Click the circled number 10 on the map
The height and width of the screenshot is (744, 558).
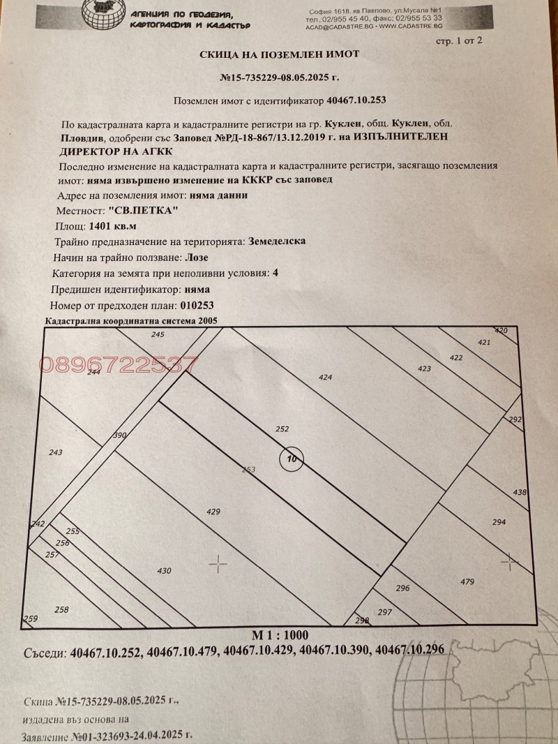click(292, 459)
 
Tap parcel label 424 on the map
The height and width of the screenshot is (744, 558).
click(324, 378)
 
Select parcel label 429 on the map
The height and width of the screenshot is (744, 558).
click(213, 512)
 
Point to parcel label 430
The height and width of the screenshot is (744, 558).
click(164, 571)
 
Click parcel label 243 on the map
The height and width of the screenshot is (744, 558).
click(56, 452)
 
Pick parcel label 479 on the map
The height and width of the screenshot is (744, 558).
click(467, 581)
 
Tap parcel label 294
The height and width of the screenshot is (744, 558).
click(499, 522)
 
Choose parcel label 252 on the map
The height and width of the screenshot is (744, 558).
click(282, 429)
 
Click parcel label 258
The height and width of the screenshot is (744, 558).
click(61, 609)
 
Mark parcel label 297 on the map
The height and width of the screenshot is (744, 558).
click(384, 612)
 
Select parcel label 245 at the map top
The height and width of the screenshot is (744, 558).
click(158, 336)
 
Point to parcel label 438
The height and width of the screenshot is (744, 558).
click(520, 493)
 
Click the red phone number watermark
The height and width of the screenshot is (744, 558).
click(119, 364)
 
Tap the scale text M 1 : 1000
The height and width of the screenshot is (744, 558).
click(279, 634)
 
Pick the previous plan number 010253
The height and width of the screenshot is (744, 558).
click(197, 305)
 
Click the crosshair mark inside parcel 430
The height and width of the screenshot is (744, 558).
click(218, 564)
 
